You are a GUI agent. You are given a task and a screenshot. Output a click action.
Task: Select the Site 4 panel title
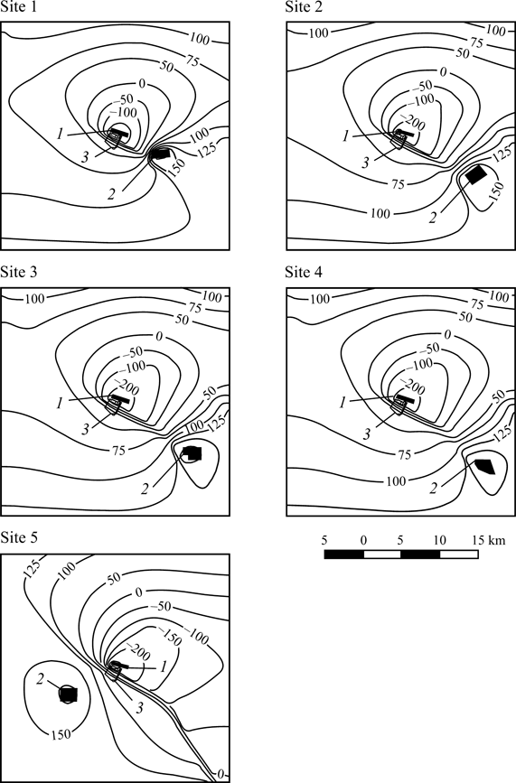[x=304, y=272]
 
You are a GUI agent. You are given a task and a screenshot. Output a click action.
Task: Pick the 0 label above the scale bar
[x=363, y=539]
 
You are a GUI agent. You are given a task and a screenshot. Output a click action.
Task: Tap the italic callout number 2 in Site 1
[x=111, y=194]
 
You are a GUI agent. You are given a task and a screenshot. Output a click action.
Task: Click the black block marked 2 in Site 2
[x=475, y=175]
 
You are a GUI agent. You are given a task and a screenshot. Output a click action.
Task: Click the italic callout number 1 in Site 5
[x=164, y=666]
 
